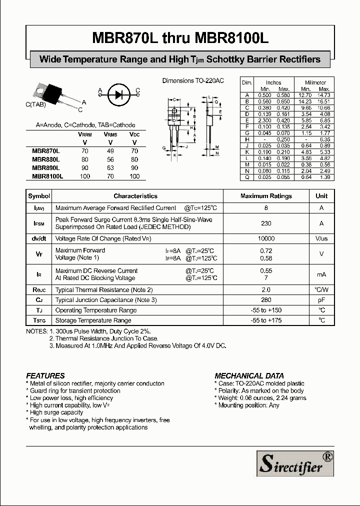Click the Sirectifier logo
[x=295, y=463]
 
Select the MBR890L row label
[x=45, y=168]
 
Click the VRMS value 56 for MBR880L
[x=110, y=159]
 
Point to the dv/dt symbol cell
[x=39, y=239]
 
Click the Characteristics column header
[x=135, y=196]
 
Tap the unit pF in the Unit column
[x=321, y=300]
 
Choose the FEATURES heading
[x=45, y=375]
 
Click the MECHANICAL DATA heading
[x=249, y=375]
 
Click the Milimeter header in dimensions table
[x=315, y=82]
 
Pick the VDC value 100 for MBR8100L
[x=134, y=176]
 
